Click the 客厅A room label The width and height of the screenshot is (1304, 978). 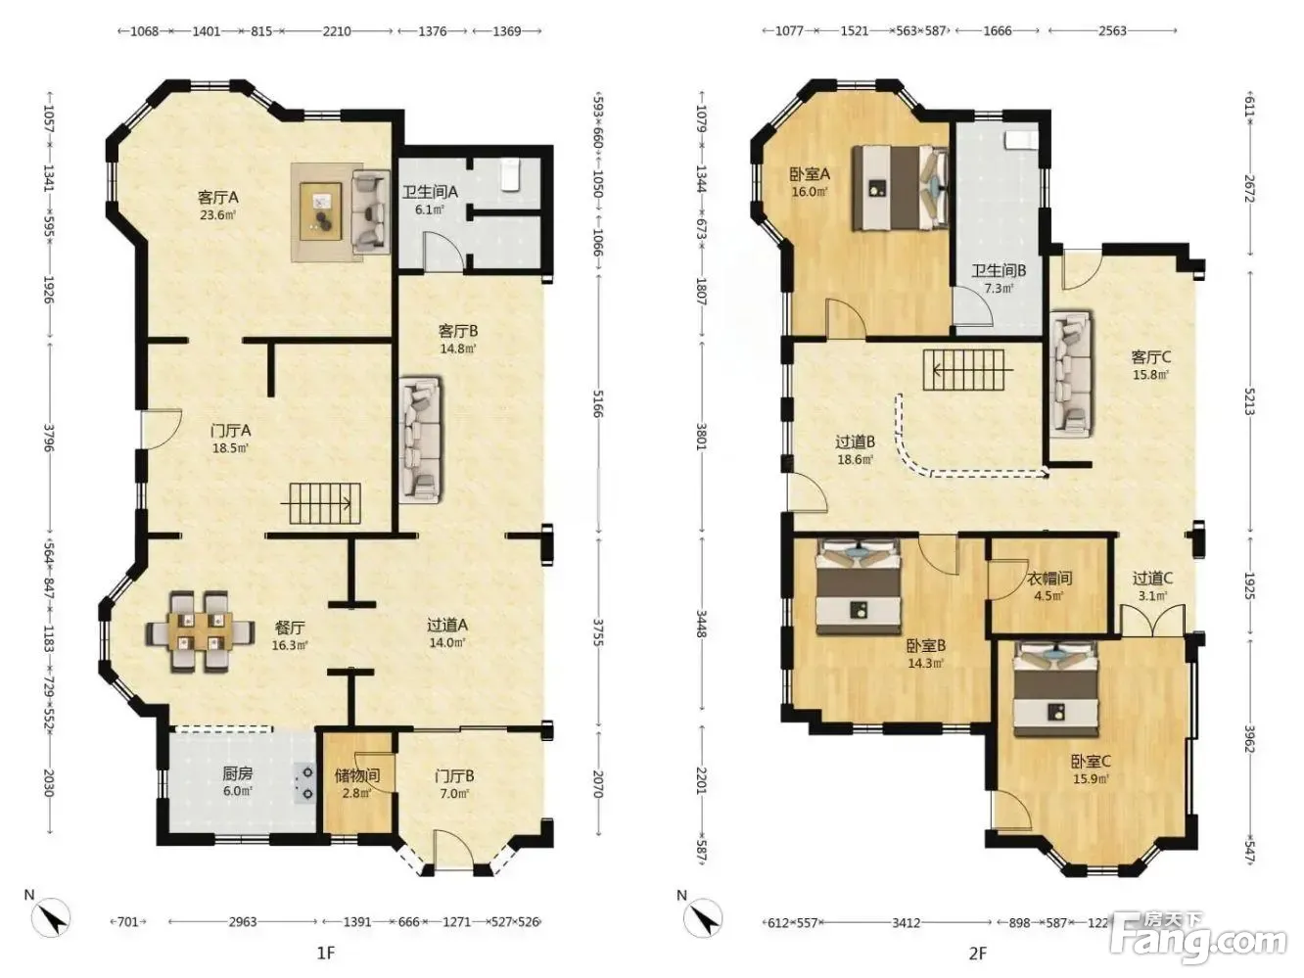point(217,197)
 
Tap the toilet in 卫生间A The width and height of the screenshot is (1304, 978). point(510,174)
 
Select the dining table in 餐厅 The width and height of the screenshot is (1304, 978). point(201,631)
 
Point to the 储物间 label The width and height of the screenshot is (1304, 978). point(357,775)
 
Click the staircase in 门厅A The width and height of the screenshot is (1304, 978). point(325,503)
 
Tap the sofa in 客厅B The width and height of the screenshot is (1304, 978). point(421,440)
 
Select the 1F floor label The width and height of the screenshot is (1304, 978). point(326,954)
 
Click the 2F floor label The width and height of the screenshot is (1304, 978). point(977,954)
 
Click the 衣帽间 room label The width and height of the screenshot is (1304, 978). point(1049,578)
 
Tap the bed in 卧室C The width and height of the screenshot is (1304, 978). point(1055,689)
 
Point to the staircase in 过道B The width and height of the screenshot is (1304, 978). point(968,370)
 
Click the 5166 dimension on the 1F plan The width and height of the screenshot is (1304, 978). point(597,403)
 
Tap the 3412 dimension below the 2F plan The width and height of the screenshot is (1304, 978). point(906,923)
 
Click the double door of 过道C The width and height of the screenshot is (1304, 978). point(1152,621)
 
